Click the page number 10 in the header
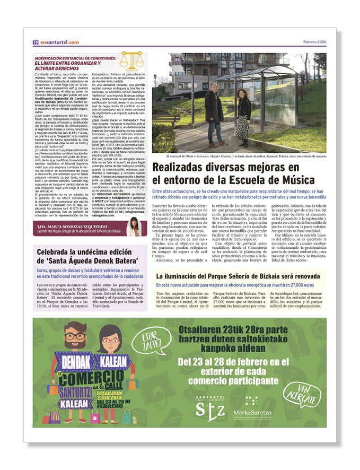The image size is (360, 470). click(34, 42)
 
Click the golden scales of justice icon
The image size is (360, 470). click(131, 62)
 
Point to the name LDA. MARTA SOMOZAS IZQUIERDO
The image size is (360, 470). click(72, 225)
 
